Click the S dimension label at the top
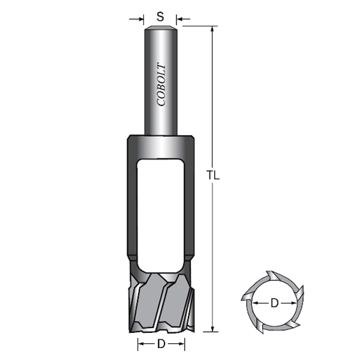tap(160, 17)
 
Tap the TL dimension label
tap(214, 176)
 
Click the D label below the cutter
tap(161, 344)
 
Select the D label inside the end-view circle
tap(274, 303)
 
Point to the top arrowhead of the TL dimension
tap(212, 30)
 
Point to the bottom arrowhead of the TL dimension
tap(212, 326)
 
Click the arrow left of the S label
tap(140, 20)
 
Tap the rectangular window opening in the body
tap(160, 213)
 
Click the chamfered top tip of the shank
tap(160, 28)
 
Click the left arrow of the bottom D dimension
tap(142, 344)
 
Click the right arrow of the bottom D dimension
tap(180, 344)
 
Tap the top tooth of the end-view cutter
tap(272, 277)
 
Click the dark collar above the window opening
tap(160, 146)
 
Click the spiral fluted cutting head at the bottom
tap(160, 303)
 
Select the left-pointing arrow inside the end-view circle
tap(256, 303)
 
